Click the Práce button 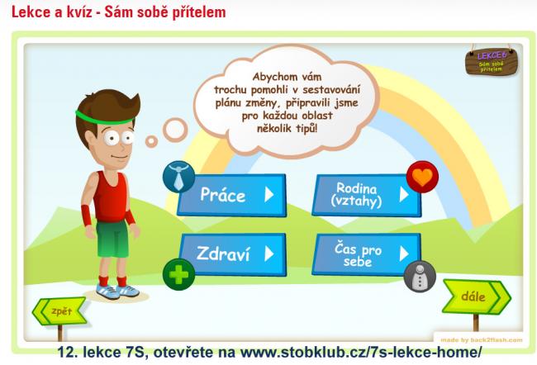pyautogui.click(x=232, y=195)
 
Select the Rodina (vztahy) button pyautogui.click(x=367, y=195)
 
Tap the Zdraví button pyautogui.click(x=232, y=254)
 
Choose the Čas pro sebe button pyautogui.click(x=367, y=254)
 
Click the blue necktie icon pyautogui.click(x=178, y=177)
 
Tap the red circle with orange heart pyautogui.click(x=422, y=177)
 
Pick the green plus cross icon pyautogui.click(x=178, y=275)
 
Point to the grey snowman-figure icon pyautogui.click(x=420, y=277)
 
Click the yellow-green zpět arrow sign pyautogui.click(x=59, y=311)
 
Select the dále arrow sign pyautogui.click(x=477, y=296)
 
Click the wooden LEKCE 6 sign pyautogui.click(x=492, y=62)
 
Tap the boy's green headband pyautogui.click(x=105, y=118)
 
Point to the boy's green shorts pyautogui.click(x=112, y=239)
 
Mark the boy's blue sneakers pyautogui.click(x=117, y=291)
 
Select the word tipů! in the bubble pyautogui.click(x=305, y=129)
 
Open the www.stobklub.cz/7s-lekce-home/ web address pyautogui.click(x=361, y=352)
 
